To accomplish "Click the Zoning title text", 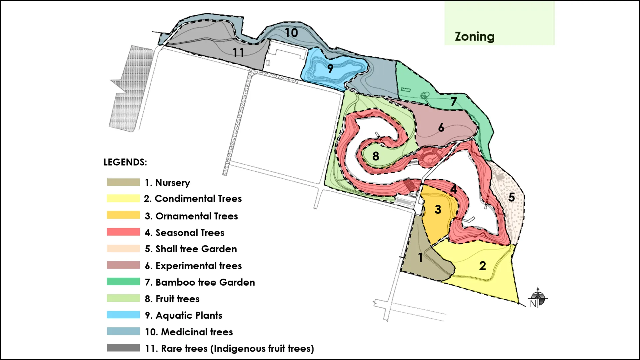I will click(x=474, y=37).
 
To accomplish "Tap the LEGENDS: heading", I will click(x=125, y=162).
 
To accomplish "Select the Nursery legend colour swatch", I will click(x=123, y=182).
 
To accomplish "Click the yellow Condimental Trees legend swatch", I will click(x=123, y=198).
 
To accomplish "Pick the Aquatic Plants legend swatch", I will click(x=123, y=315).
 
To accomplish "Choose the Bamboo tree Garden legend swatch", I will click(x=123, y=282).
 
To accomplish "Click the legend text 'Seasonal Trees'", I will click(x=190, y=233).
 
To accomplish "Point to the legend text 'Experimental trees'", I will click(x=198, y=266).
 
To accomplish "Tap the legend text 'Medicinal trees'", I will click(x=197, y=332).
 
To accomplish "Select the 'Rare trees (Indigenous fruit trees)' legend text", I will click(x=237, y=349).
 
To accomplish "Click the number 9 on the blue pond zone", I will click(x=330, y=68).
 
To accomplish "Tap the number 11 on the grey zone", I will click(x=238, y=53).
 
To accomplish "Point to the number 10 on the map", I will click(x=291, y=33).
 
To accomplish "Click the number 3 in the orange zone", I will click(x=438, y=209).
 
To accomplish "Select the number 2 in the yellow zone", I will click(x=482, y=266).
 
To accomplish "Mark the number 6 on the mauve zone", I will click(x=441, y=127).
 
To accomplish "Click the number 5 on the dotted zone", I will click(x=511, y=197).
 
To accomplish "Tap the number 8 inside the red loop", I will click(x=376, y=156).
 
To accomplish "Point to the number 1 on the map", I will click(x=420, y=257).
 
